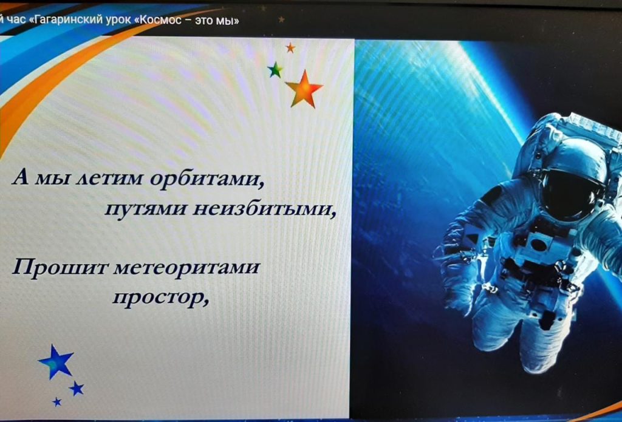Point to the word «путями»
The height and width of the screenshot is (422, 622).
(x=145, y=208)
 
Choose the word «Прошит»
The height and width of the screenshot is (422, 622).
(x=60, y=268)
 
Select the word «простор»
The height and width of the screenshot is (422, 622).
(x=160, y=298)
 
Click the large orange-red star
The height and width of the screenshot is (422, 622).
(x=304, y=90)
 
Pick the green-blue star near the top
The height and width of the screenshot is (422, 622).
(x=275, y=70)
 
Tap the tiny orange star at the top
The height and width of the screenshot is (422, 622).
(x=290, y=48)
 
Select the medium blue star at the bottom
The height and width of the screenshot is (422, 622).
(x=77, y=388)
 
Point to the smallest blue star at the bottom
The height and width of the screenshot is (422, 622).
(x=57, y=402)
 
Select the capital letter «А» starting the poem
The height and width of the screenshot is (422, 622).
(x=21, y=178)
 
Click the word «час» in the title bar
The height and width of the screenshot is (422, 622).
(x=16, y=20)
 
